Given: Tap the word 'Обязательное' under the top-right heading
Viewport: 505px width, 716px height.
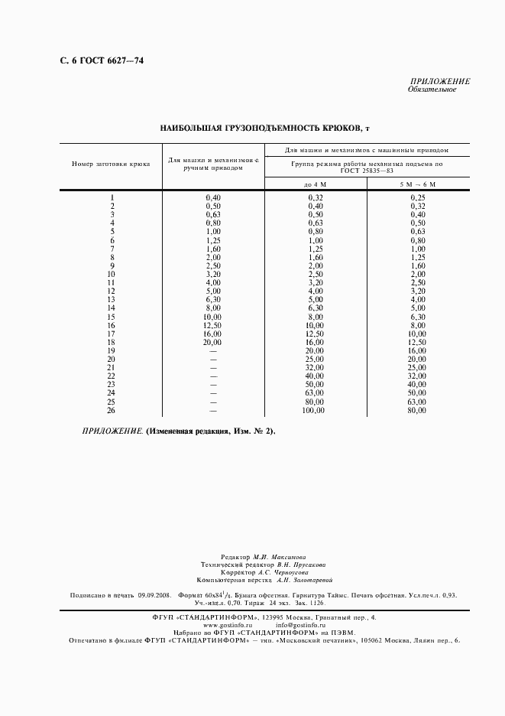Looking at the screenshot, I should [433, 89].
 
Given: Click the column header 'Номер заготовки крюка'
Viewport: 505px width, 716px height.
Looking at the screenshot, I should [111, 164].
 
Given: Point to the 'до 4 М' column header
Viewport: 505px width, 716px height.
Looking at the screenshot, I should [315, 184].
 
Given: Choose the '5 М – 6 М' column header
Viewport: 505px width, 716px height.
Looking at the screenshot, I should [417, 184].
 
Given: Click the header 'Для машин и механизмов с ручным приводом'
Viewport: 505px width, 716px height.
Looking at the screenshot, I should [214, 164].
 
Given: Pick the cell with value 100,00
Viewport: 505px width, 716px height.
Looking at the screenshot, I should [314, 411].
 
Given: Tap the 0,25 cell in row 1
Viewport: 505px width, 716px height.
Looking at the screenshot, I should [417, 198].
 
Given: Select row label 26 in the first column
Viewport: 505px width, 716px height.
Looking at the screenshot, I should [112, 411].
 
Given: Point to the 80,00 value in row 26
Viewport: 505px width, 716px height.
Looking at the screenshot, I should [416, 411].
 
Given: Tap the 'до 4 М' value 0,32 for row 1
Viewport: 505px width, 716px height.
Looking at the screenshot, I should [315, 198].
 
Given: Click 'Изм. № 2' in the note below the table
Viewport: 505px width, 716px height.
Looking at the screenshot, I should [253, 431].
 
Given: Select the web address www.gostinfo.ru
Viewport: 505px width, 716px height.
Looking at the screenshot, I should [228, 625].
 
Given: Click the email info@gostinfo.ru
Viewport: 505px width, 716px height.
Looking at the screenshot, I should [306, 625].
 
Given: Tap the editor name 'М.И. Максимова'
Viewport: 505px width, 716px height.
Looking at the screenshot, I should [280, 558].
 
